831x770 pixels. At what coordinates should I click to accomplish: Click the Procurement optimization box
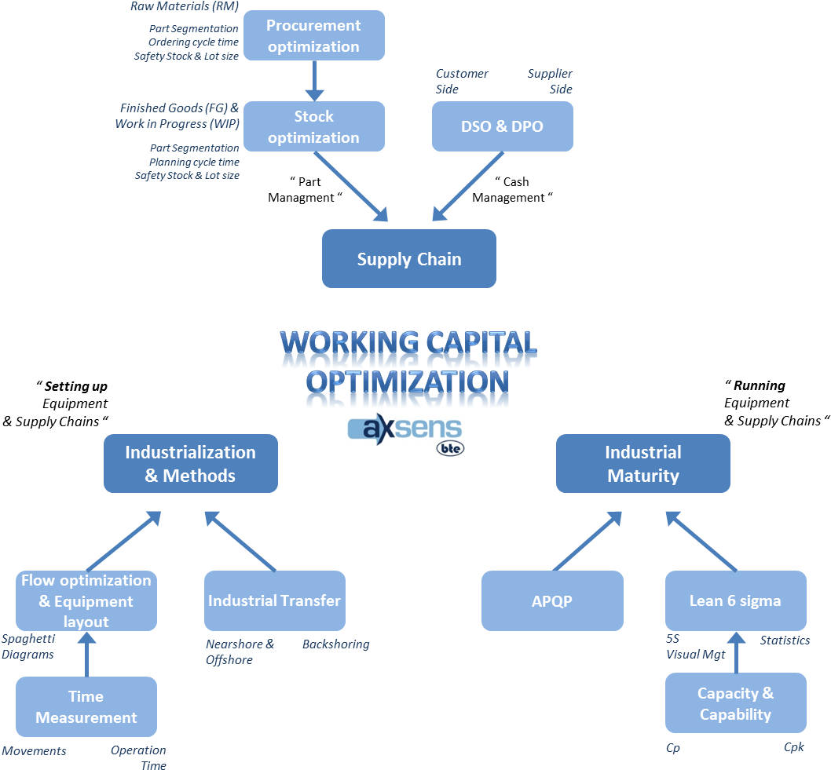[x=313, y=36]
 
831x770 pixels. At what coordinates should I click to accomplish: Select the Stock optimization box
[x=313, y=126]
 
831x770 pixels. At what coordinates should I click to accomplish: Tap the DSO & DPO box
[x=502, y=126]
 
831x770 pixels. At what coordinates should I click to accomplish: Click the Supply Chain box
[x=408, y=259]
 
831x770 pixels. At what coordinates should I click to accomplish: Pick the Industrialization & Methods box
[x=190, y=464]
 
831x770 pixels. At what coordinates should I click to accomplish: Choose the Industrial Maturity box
[x=642, y=464]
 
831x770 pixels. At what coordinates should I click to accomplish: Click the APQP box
[x=551, y=601]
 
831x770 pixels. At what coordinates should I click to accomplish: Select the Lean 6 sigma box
[x=735, y=601]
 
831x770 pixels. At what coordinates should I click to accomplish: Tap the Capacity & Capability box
[x=735, y=703]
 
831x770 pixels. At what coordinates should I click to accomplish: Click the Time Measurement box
[x=86, y=706]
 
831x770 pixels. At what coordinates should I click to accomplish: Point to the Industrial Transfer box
[x=274, y=601]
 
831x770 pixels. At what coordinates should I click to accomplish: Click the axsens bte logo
[x=405, y=435]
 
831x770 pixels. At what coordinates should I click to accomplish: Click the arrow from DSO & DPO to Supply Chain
[x=468, y=186]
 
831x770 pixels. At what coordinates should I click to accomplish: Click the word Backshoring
[x=335, y=644]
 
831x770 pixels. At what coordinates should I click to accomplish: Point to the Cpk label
[x=793, y=747]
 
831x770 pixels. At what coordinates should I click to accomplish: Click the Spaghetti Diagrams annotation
[x=28, y=647]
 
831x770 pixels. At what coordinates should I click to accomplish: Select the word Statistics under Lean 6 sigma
[x=784, y=640]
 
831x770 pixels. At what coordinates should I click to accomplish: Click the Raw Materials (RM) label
[x=185, y=7]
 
